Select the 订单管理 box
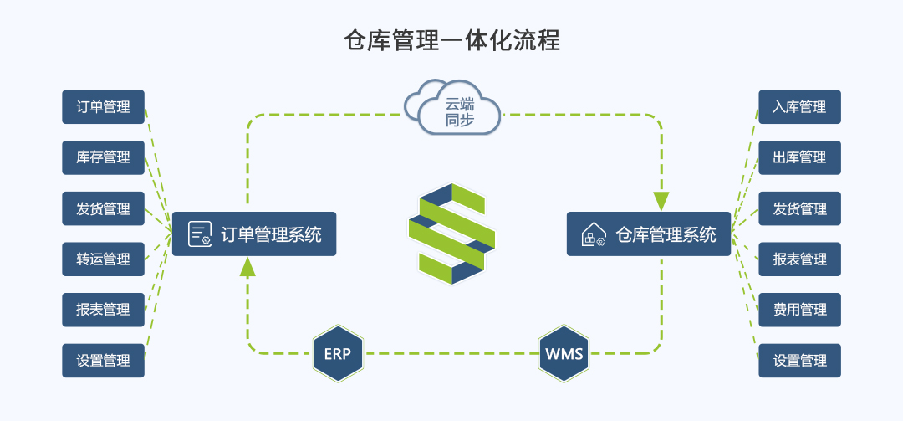click(x=104, y=107)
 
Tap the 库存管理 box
click(x=104, y=157)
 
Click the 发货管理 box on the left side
click(x=104, y=208)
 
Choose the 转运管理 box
click(x=104, y=259)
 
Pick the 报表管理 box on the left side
click(x=104, y=310)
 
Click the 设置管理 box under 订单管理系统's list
click(x=104, y=361)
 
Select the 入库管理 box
click(x=799, y=107)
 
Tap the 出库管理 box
click(x=799, y=157)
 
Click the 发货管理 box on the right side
click(x=799, y=208)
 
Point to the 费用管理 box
click(x=799, y=310)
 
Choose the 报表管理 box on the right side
click(x=799, y=259)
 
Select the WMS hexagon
click(x=564, y=353)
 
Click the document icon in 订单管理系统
click(x=199, y=234)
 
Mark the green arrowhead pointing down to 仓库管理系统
click(x=661, y=201)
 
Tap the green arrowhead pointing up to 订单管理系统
click(x=247, y=266)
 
